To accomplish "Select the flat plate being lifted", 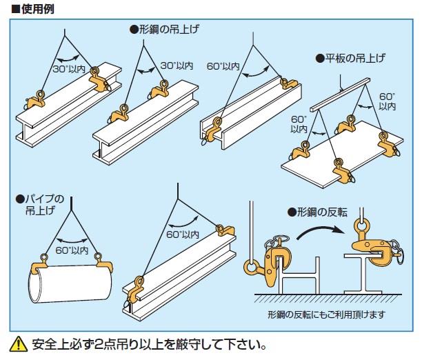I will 331,155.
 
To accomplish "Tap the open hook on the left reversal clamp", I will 254,266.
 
